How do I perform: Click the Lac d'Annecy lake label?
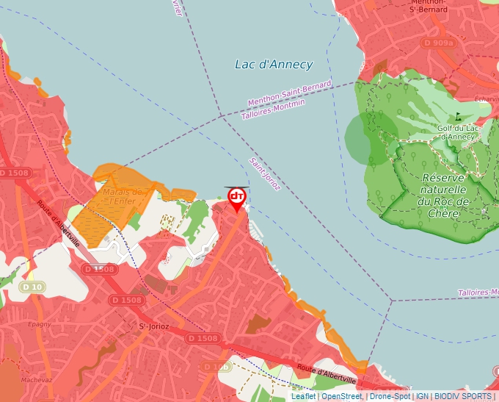point(274,65)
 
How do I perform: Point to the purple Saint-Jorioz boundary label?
point(264,174)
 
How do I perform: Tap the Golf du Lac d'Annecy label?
point(456,132)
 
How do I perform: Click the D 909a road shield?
point(439,43)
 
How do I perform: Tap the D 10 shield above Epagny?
point(32,287)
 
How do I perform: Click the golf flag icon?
point(459,115)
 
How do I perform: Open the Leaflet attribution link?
point(303,396)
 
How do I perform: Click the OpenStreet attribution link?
point(341,396)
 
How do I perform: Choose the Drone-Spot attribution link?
point(390,396)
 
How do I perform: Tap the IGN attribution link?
point(423,396)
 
